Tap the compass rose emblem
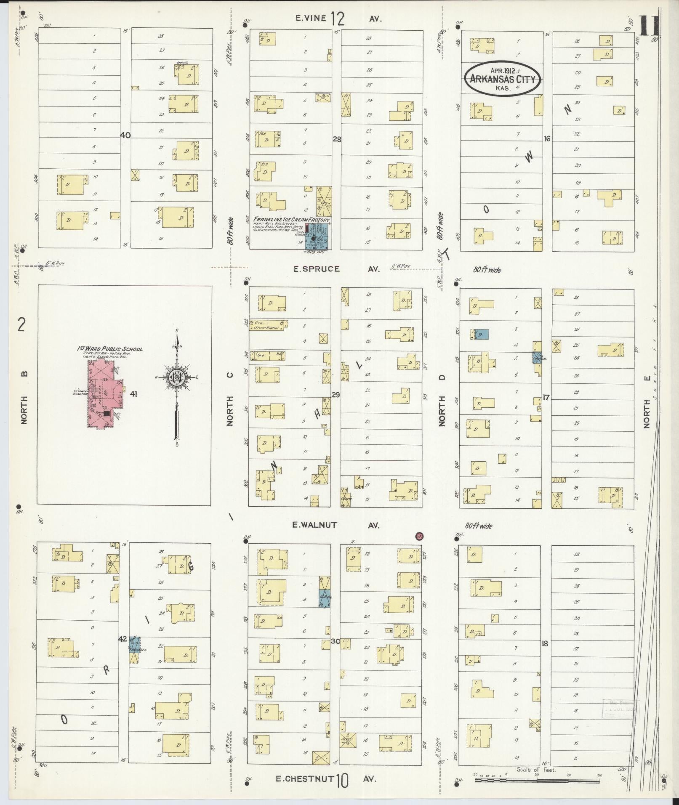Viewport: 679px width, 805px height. (x=176, y=377)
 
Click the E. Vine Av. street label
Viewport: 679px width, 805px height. (x=337, y=19)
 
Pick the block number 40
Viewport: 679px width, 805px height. (x=125, y=135)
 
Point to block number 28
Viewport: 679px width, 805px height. (x=337, y=139)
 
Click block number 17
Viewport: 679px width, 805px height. (x=546, y=396)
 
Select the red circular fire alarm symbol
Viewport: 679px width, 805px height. (x=419, y=536)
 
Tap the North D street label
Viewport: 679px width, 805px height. (x=442, y=400)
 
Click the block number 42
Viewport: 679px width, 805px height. (x=122, y=651)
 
